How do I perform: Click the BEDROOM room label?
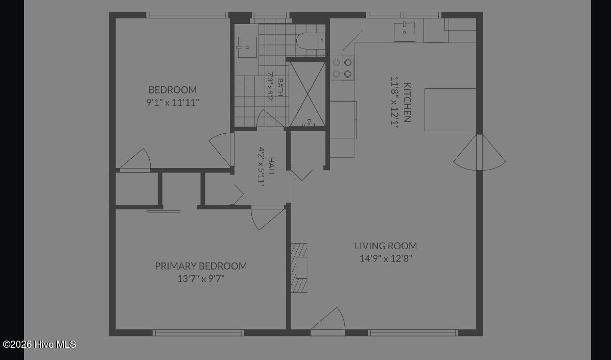point(173,89)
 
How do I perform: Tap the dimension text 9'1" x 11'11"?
point(173,103)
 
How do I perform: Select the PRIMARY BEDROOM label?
point(201,266)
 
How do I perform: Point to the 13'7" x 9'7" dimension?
point(201,279)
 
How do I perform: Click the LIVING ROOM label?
point(386,246)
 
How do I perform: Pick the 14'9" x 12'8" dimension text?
point(386,258)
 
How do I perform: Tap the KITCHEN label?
point(407,102)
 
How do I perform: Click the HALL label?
point(271,166)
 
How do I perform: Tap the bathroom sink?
point(247,47)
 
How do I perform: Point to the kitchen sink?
point(404,32)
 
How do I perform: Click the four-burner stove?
point(342,68)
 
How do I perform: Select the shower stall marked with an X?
point(308,94)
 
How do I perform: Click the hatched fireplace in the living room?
point(299,268)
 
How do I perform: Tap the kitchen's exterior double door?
point(480,152)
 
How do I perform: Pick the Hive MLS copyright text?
point(39,344)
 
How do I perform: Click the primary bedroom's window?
point(198,333)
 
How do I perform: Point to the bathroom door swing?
point(270,119)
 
